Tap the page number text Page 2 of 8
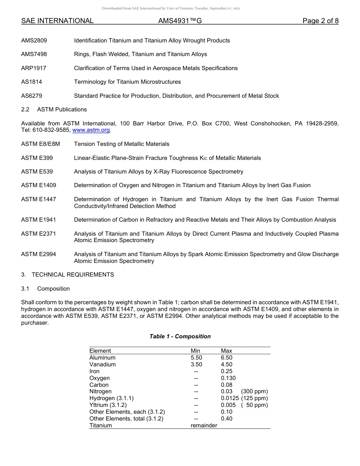320,21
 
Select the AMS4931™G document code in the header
180,21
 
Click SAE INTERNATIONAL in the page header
57,21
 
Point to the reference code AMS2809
34,41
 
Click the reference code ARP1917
34,68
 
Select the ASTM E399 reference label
37,158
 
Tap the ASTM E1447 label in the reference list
39,199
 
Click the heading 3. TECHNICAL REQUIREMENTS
67,275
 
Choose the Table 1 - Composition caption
180,336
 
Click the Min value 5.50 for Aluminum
196,358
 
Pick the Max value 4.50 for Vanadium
227,364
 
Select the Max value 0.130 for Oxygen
228,378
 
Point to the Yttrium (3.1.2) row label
108,405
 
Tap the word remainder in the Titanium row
204,425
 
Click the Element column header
100,351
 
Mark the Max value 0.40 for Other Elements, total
227,419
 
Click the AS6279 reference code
32,96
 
